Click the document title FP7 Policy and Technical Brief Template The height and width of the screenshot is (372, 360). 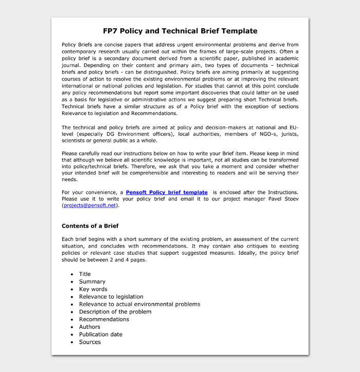180,31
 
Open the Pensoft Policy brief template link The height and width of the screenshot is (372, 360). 167,192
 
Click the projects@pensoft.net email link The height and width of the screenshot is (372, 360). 90,206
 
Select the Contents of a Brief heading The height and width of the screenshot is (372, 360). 90,226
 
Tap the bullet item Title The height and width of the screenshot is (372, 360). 85,274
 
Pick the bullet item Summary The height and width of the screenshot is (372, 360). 92,282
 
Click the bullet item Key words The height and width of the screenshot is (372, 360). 93,289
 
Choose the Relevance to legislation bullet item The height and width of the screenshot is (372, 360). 111,296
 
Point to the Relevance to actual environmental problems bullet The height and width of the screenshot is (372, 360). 139,304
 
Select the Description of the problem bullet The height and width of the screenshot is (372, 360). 115,311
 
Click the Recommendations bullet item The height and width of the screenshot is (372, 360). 104,319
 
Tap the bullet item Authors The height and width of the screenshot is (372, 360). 89,327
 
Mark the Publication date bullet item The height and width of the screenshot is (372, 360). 101,334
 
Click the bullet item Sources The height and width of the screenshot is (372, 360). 90,342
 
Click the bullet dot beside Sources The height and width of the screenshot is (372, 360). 71,342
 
